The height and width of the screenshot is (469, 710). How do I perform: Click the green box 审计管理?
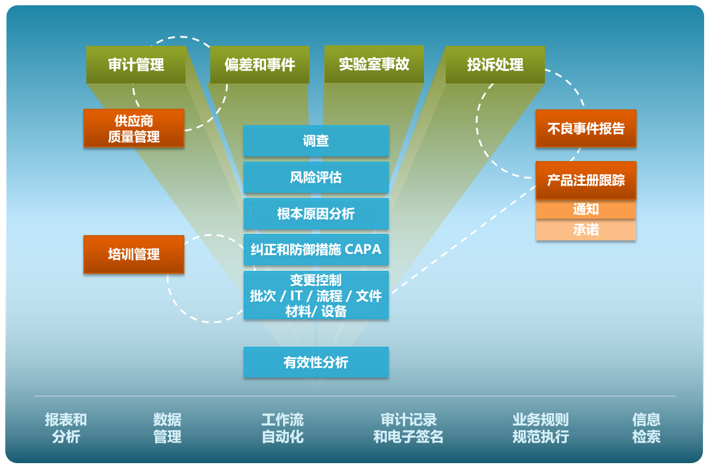(x=136, y=65)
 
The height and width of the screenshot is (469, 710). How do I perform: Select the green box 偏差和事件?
(x=260, y=65)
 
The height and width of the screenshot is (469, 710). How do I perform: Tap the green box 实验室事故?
(x=374, y=64)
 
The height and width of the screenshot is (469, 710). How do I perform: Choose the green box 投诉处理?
(x=495, y=65)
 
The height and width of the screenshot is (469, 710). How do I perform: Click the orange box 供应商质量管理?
(x=134, y=129)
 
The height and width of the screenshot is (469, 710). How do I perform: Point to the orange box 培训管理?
(x=134, y=254)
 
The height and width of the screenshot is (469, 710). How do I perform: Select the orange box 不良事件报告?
(x=586, y=129)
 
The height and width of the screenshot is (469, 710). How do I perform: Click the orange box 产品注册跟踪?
(x=586, y=180)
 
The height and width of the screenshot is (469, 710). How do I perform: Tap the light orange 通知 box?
(x=586, y=210)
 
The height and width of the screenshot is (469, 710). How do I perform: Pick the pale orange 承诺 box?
(x=586, y=230)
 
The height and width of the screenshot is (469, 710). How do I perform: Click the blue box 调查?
(x=316, y=141)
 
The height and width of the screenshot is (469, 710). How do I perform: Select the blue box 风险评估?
(x=316, y=177)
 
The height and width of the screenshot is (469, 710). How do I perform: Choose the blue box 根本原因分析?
(x=316, y=214)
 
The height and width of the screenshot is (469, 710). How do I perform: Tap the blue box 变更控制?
(x=316, y=296)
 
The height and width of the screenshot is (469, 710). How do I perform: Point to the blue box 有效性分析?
(x=316, y=362)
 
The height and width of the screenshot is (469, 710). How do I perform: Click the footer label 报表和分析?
(x=66, y=428)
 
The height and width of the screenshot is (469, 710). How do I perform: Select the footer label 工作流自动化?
(x=282, y=428)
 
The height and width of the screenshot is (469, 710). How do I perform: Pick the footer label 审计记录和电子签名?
(x=409, y=428)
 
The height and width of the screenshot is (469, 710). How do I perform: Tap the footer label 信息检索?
(x=646, y=428)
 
